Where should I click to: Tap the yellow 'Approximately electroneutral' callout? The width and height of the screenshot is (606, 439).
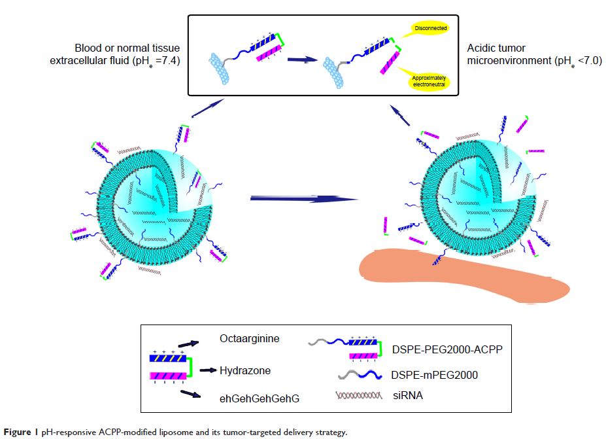[x=429, y=81]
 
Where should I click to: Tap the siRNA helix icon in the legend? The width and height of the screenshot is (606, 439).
[x=358, y=396]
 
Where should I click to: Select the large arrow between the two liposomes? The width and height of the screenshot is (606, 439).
[x=304, y=198]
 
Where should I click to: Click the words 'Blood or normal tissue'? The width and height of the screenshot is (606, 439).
[x=127, y=48]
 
